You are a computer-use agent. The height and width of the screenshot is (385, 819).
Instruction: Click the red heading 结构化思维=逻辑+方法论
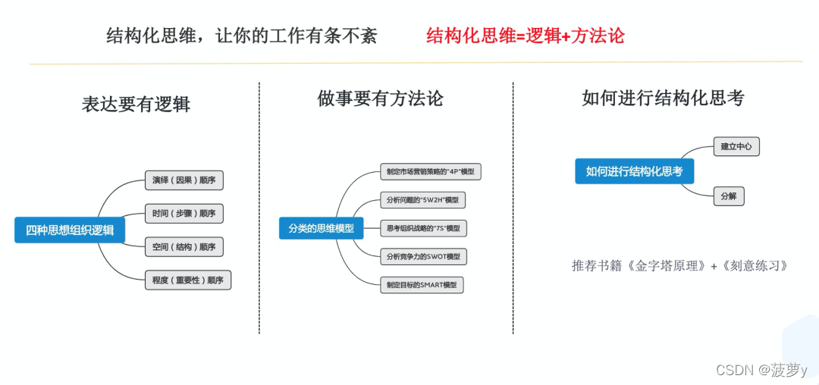pyautogui.click(x=526, y=36)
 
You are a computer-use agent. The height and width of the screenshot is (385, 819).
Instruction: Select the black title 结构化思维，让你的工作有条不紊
pyautogui.click(x=241, y=36)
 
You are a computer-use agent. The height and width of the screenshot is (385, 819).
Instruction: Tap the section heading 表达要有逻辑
pyautogui.click(x=136, y=104)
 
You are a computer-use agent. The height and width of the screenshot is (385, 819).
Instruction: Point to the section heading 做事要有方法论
pyautogui.click(x=380, y=99)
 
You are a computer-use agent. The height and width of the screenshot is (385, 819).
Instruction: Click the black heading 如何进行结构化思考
pyautogui.click(x=663, y=98)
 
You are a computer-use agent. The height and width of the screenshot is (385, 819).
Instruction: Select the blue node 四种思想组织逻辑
pyautogui.click(x=70, y=230)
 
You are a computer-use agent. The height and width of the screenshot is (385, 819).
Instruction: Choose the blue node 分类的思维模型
pyautogui.click(x=321, y=227)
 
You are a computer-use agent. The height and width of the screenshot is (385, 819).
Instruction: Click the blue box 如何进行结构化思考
pyautogui.click(x=634, y=171)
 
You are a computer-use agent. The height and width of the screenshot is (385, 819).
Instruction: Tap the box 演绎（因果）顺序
pyautogui.click(x=184, y=180)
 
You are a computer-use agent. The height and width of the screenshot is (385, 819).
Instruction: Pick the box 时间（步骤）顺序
pyautogui.click(x=184, y=213)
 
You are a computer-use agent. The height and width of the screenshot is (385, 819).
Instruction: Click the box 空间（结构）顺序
pyautogui.click(x=184, y=246)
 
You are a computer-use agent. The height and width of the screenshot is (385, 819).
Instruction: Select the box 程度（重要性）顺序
pyautogui.click(x=187, y=280)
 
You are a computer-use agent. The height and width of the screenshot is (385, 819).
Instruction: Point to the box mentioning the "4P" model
pyautogui.click(x=430, y=172)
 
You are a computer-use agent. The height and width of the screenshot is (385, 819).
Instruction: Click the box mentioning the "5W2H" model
pyautogui.click(x=422, y=200)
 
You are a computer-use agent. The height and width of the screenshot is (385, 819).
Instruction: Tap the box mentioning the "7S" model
pyautogui.click(x=422, y=228)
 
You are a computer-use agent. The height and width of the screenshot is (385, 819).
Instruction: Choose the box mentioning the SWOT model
pyautogui.click(x=423, y=257)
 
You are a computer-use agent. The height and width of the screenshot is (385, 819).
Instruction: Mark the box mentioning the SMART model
pyautogui.click(x=421, y=285)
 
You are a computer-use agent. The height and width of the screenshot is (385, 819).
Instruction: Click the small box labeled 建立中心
pyautogui.click(x=736, y=146)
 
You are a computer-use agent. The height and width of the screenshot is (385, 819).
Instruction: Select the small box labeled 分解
pyautogui.click(x=728, y=196)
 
